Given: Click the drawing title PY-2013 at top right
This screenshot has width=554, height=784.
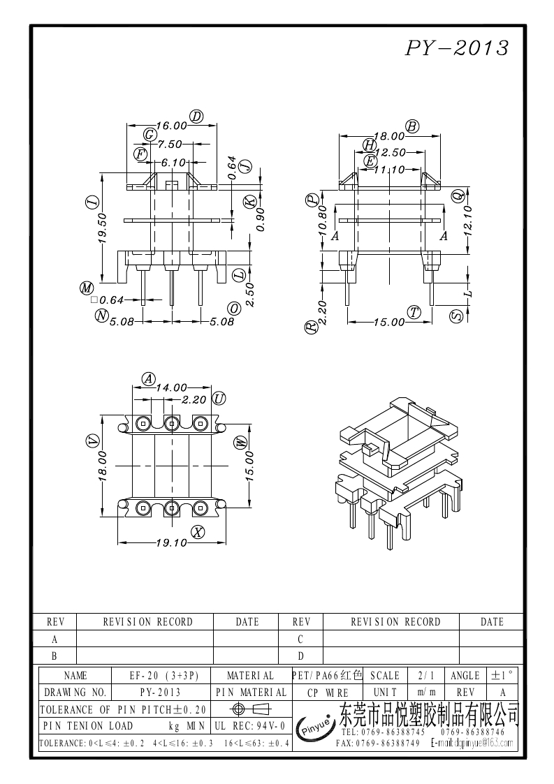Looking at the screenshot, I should (457, 47).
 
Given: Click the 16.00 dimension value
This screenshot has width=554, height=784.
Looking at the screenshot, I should (171, 126).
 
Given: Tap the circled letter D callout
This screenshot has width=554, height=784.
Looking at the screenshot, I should (196, 117).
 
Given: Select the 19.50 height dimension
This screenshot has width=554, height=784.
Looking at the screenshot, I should (103, 228).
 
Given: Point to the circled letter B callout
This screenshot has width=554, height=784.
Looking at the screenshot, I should (412, 126).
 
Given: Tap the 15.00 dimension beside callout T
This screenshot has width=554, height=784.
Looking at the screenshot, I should (389, 322).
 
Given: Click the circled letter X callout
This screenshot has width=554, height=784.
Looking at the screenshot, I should (198, 533).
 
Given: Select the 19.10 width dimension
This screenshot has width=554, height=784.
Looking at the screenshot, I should (172, 542).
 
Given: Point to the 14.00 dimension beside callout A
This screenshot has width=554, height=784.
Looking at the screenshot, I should (171, 387).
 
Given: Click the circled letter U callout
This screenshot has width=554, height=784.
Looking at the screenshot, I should (219, 399).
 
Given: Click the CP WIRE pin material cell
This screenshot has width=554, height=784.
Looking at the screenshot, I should (327, 693).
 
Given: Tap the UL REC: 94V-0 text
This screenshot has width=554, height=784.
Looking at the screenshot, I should (250, 726).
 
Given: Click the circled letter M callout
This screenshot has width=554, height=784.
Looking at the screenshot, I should (87, 288).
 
